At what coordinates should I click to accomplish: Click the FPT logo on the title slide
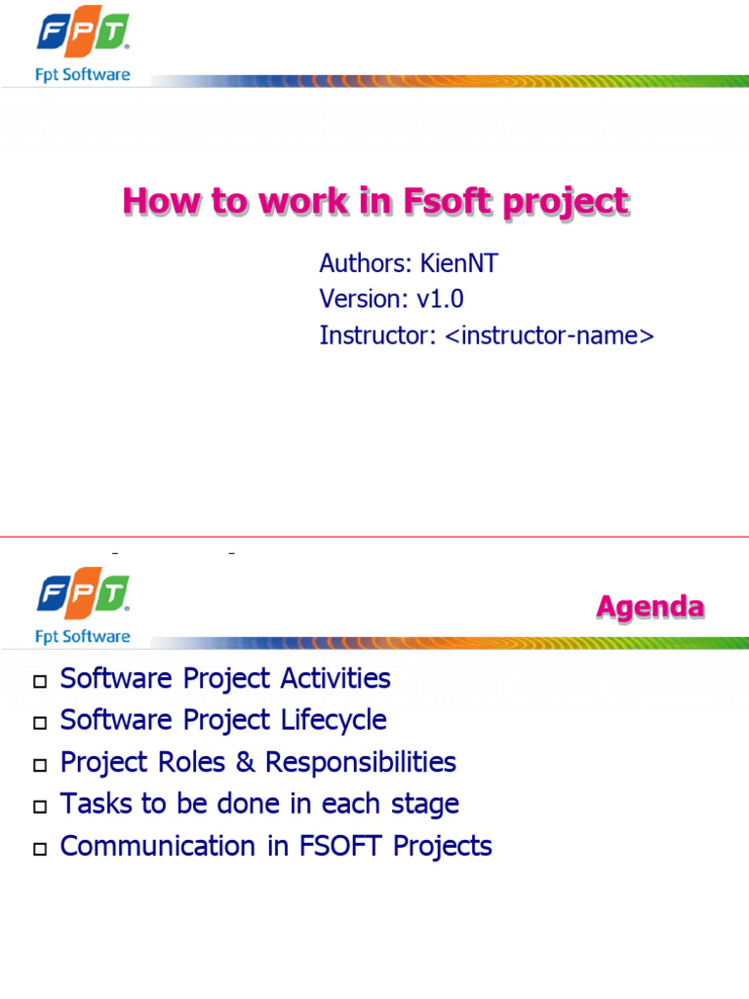click(83, 33)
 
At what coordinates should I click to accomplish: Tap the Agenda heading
click(650, 607)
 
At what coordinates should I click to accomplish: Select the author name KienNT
click(458, 263)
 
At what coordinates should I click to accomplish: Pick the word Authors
click(365, 263)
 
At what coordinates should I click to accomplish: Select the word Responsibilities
click(362, 762)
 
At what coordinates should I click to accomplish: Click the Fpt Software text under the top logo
click(83, 75)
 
